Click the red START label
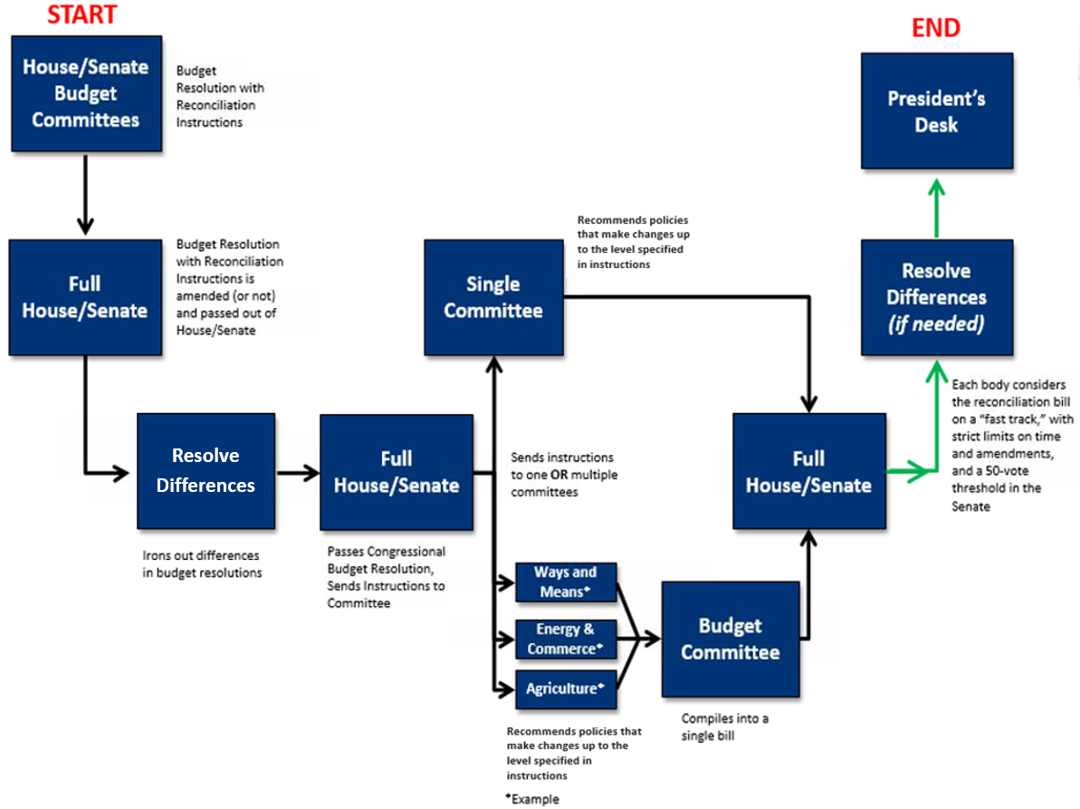tap(82, 15)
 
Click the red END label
tap(935, 28)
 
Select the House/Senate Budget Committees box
tap(86, 93)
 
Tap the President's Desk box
tap(936, 111)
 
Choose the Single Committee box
tap(493, 297)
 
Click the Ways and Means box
tap(565, 581)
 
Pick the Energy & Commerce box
tap(565, 639)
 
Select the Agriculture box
tap(565, 689)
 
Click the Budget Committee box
tap(730, 639)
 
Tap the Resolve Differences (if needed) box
tap(936, 297)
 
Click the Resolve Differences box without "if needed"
tap(205, 470)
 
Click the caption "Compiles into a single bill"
tap(724, 727)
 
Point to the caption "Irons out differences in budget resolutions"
tap(202, 563)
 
